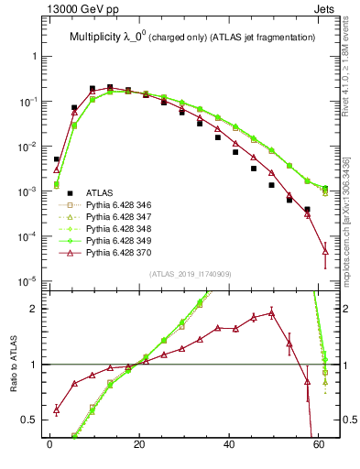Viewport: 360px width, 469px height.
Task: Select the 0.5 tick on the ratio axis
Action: coord(29,420)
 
